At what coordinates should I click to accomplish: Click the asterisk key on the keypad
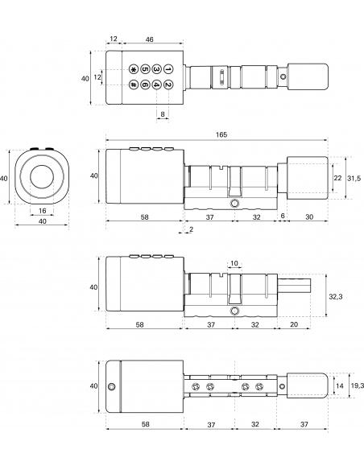[133, 69]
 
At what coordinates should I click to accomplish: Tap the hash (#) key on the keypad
[133, 85]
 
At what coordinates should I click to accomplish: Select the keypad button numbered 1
[168, 69]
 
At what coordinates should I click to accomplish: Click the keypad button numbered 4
[156, 85]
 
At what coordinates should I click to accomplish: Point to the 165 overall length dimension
[221, 134]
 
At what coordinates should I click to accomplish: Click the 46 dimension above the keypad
[149, 39]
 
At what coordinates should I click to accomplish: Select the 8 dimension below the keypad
[163, 114]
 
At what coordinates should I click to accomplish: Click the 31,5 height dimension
[354, 178]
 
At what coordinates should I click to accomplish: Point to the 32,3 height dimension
[336, 296]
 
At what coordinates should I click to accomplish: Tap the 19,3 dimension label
[357, 385]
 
